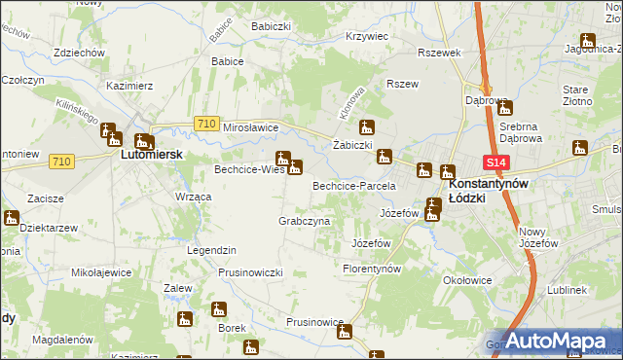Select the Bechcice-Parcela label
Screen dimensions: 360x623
click(353, 185)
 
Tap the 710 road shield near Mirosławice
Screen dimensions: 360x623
click(204, 123)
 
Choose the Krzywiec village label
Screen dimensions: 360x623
click(367, 36)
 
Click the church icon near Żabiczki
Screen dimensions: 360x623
click(367, 126)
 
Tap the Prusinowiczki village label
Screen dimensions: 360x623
click(250, 272)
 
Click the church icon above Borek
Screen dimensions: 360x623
click(218, 310)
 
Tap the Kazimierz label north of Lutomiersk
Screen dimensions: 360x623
click(130, 87)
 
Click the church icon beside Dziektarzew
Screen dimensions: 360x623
click(12, 218)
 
